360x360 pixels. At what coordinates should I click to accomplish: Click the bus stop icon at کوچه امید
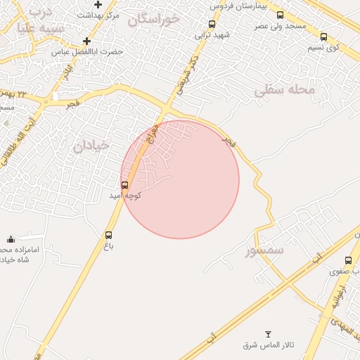125,186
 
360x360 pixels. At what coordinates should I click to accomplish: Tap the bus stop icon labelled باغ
109,236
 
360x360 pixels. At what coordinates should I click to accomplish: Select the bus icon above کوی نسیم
323,37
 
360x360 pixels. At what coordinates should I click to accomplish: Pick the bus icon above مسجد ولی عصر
281,15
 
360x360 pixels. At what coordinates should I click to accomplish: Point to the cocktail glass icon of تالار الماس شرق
267,333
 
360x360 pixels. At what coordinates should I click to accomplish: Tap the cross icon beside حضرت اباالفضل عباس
86,41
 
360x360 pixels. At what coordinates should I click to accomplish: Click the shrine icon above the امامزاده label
11,240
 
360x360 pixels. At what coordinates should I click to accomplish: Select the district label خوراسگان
154,20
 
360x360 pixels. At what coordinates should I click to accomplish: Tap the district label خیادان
91,145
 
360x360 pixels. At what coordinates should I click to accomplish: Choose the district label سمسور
264,250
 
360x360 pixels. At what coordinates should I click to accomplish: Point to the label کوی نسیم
323,48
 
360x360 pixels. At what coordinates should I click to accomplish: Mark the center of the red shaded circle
180,179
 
